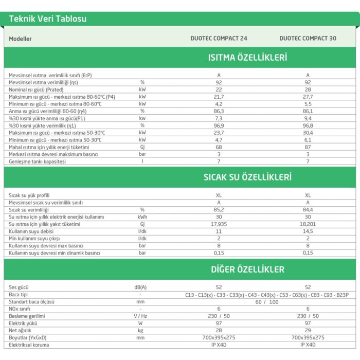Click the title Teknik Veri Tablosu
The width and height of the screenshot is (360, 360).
(47, 19)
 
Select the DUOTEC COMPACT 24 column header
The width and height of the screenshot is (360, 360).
(219, 39)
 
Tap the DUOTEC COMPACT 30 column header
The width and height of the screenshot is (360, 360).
(308, 39)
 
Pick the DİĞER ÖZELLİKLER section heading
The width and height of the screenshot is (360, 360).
(247, 269)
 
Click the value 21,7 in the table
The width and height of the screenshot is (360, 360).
(219, 97)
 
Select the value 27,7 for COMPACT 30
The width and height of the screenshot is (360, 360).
(308, 97)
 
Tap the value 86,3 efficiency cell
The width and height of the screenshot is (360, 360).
(219, 111)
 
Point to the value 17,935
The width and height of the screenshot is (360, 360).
(219, 224)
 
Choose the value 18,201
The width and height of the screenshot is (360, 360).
(308, 224)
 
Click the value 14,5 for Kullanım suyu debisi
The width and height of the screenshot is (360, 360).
(308, 231)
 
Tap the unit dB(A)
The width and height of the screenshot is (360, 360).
(140, 287)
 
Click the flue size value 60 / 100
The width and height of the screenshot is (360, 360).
(267, 301)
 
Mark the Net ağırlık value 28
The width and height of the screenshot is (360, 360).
(219, 330)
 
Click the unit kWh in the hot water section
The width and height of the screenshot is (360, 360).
(142, 217)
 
